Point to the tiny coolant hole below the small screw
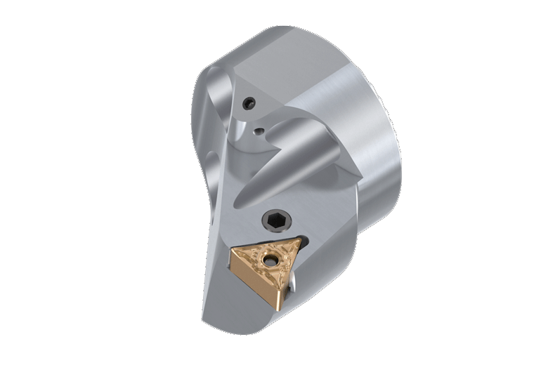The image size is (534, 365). tap(259, 131)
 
